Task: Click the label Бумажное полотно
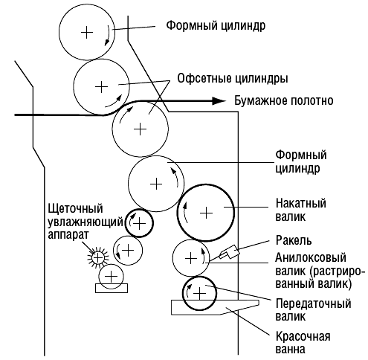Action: (x=284, y=101)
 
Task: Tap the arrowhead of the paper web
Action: (x=219, y=100)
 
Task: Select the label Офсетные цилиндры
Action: (x=233, y=79)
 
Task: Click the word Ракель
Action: (x=294, y=240)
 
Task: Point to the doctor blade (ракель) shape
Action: (x=230, y=252)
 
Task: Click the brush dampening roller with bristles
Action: (x=98, y=258)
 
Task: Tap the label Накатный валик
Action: (x=301, y=210)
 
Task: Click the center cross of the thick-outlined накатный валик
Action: (x=206, y=213)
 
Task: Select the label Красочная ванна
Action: (x=303, y=343)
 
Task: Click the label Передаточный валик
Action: (x=313, y=309)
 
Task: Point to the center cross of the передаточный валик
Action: (x=199, y=294)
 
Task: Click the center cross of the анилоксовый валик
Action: (x=191, y=259)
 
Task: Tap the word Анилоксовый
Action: (x=311, y=257)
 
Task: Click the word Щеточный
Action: (x=75, y=208)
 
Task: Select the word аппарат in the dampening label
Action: (x=68, y=234)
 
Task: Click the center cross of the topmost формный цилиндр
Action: (x=87, y=32)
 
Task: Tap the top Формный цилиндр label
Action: (x=216, y=25)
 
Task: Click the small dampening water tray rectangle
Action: (x=112, y=289)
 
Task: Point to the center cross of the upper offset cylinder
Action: (x=101, y=87)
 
